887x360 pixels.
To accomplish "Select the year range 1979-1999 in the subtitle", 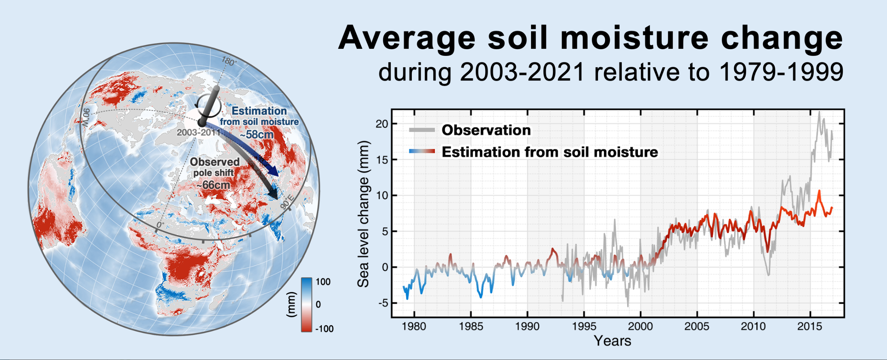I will [x=781, y=72].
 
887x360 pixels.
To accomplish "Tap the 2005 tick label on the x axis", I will [x=697, y=326].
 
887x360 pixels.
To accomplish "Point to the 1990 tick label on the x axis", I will [x=527, y=326].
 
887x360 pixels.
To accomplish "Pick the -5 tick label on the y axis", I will [x=383, y=303].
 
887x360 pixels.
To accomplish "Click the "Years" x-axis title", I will [x=612, y=341].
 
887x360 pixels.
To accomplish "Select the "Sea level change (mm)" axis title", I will [x=363, y=214].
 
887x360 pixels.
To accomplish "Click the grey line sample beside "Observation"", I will [x=422, y=130].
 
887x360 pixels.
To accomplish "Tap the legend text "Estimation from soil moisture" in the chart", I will [x=550, y=152].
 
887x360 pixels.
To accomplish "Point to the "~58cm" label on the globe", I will [x=256, y=135].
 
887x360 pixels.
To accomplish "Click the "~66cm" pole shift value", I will [x=213, y=185].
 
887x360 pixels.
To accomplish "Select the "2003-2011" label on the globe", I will [x=199, y=132].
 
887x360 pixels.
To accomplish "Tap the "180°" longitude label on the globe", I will [x=229, y=62].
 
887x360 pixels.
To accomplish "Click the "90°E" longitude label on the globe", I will [x=287, y=202].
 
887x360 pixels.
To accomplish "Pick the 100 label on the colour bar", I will [x=323, y=282].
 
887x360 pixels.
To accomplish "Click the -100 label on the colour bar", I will [x=324, y=329].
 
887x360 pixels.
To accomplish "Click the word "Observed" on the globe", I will [x=215, y=162].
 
